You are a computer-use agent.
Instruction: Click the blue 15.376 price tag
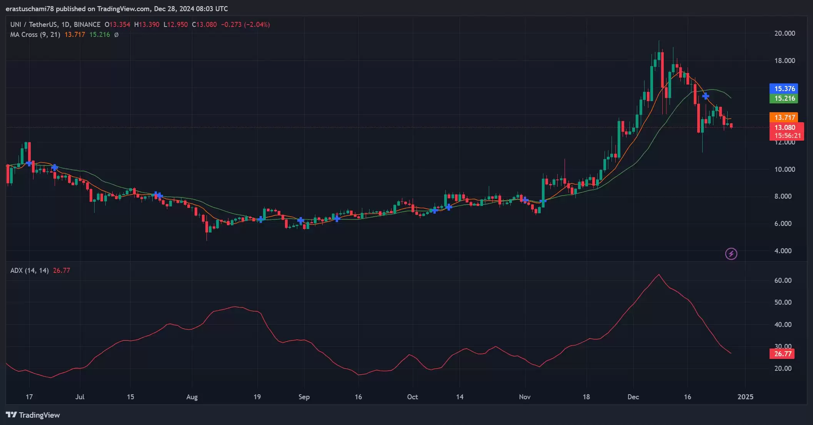pos(784,89)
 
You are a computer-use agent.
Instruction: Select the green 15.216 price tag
pos(784,98)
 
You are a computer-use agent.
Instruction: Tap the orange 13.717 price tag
pos(784,118)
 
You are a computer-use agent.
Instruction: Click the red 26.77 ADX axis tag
pos(782,354)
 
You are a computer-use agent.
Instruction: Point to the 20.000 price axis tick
pos(784,33)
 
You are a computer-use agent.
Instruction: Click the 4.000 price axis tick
pos(783,251)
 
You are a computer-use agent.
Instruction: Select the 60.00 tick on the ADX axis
pos(783,281)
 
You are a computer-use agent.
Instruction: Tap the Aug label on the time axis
pos(192,397)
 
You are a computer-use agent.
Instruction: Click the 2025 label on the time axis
pos(745,397)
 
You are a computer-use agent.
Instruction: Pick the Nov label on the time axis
pos(525,397)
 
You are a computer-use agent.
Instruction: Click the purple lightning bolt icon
pos(731,254)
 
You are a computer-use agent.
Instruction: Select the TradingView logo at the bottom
pos(33,415)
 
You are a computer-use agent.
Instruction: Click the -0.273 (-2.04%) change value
pos(245,25)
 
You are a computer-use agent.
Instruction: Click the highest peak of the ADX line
pos(659,274)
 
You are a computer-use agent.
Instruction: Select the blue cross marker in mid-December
pos(705,96)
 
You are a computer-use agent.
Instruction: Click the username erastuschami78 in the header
pos(30,8)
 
